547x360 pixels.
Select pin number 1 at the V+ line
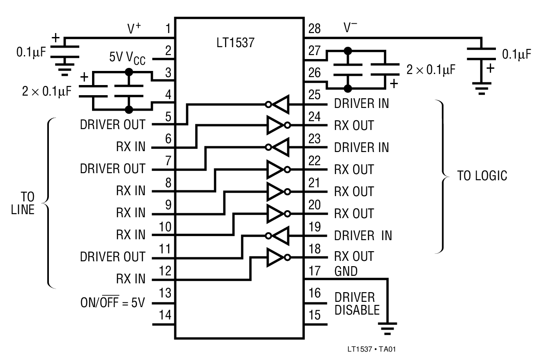click(x=167, y=30)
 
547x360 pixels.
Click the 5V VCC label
click(x=128, y=58)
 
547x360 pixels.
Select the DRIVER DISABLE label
click(x=357, y=303)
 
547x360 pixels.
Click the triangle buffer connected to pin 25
click(x=280, y=104)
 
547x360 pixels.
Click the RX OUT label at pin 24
click(x=354, y=126)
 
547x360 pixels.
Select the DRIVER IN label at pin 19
click(x=362, y=235)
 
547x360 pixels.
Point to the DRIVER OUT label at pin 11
click(x=112, y=257)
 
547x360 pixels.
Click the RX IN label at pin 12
click(x=130, y=280)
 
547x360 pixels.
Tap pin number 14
click(x=167, y=316)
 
